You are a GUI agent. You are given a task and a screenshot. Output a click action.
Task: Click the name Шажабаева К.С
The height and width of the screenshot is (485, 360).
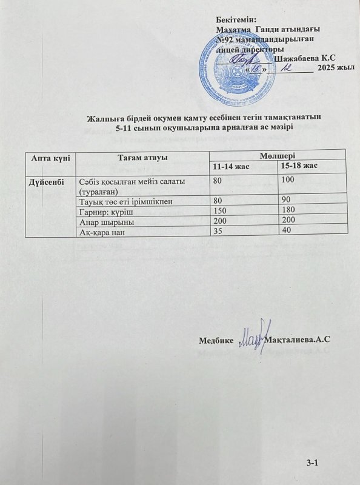click(304, 58)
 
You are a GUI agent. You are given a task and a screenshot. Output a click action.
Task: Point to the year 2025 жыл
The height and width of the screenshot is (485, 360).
click(336, 69)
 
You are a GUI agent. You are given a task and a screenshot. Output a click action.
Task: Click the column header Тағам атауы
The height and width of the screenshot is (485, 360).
click(141, 158)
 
